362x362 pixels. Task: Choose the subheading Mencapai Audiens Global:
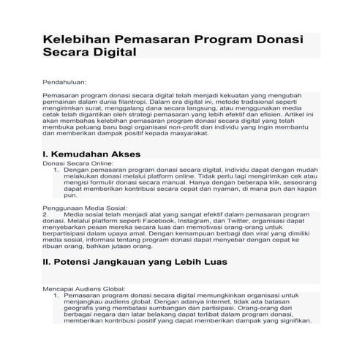point(84,289)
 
